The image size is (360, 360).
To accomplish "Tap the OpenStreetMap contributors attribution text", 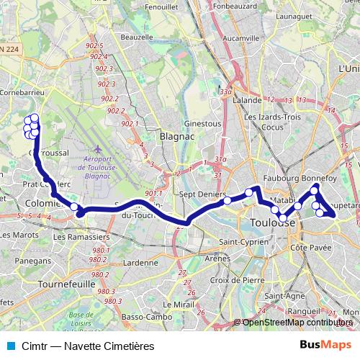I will click(297, 323).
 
